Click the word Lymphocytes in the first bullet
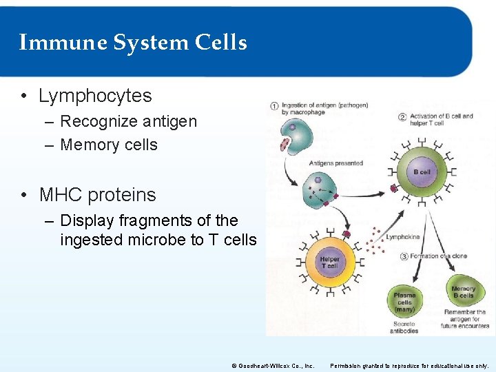(95, 96)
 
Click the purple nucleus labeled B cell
(422, 172)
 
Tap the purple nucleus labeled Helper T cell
(330, 262)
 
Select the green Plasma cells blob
(404, 300)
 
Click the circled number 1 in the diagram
(273, 107)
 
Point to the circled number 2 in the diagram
(402, 116)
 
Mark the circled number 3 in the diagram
(404, 256)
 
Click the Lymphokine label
(403, 237)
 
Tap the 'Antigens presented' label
(335, 163)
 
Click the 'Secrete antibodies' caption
(404, 327)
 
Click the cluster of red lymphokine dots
(374, 240)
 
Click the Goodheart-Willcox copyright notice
(273, 365)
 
